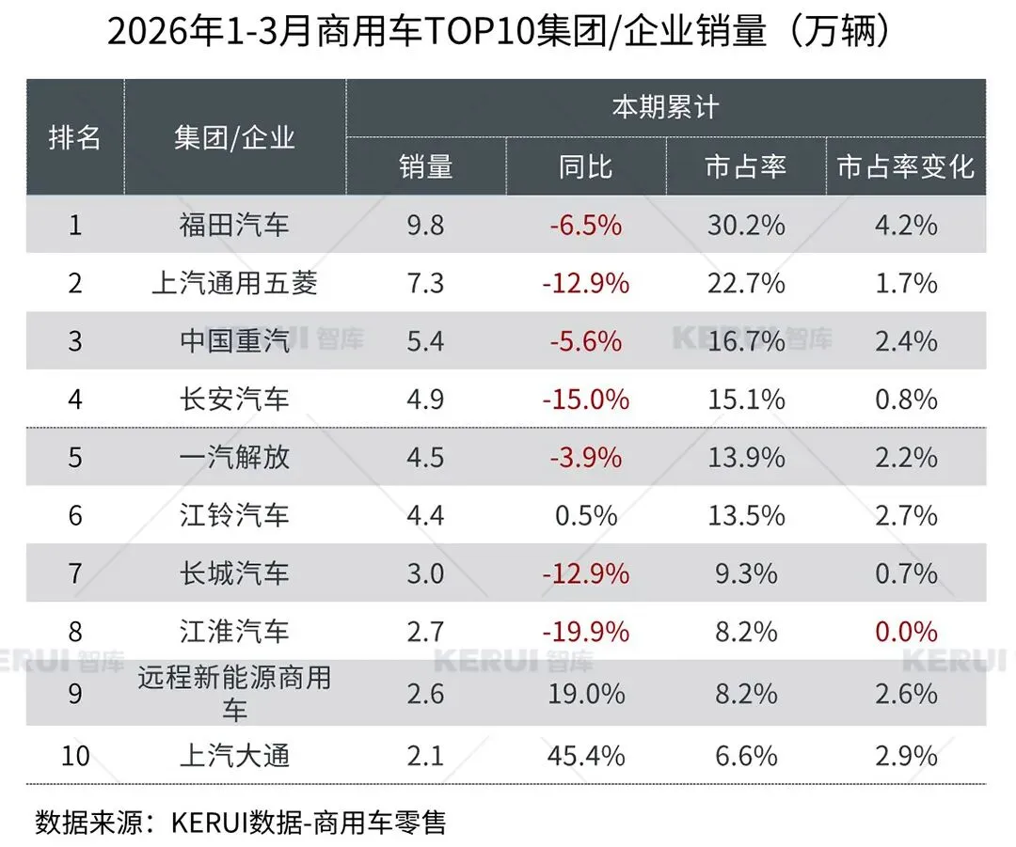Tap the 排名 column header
(x=75, y=137)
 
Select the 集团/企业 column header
(x=234, y=137)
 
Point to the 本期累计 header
(x=665, y=107)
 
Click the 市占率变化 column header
(x=906, y=166)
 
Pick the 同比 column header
(x=585, y=166)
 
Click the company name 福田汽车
(x=234, y=225)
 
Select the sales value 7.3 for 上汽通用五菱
(x=425, y=283)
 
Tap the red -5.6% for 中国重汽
(x=585, y=341)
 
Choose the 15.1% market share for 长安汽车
(x=745, y=400)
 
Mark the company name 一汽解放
(x=234, y=458)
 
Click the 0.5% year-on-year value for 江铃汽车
(x=585, y=515)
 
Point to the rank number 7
(x=75, y=573)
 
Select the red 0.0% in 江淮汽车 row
(x=906, y=632)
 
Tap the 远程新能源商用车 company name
(x=234, y=694)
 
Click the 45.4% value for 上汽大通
(x=585, y=756)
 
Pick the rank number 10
(x=75, y=756)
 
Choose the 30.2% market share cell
(x=745, y=225)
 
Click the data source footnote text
(x=240, y=822)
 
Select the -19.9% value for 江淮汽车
(x=585, y=632)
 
